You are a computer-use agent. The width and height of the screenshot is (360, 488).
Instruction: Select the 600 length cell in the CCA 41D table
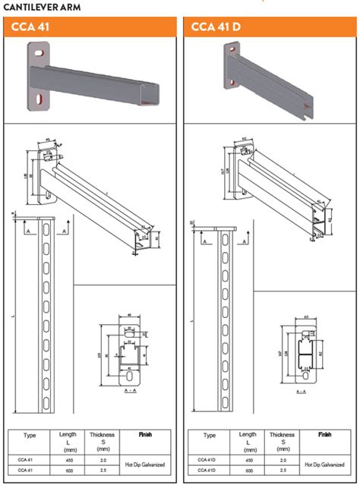click(x=248, y=470)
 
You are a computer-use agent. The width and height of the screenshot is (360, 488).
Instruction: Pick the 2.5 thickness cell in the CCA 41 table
click(x=103, y=470)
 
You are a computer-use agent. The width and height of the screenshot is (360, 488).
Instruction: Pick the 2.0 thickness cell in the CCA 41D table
click(x=283, y=460)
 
